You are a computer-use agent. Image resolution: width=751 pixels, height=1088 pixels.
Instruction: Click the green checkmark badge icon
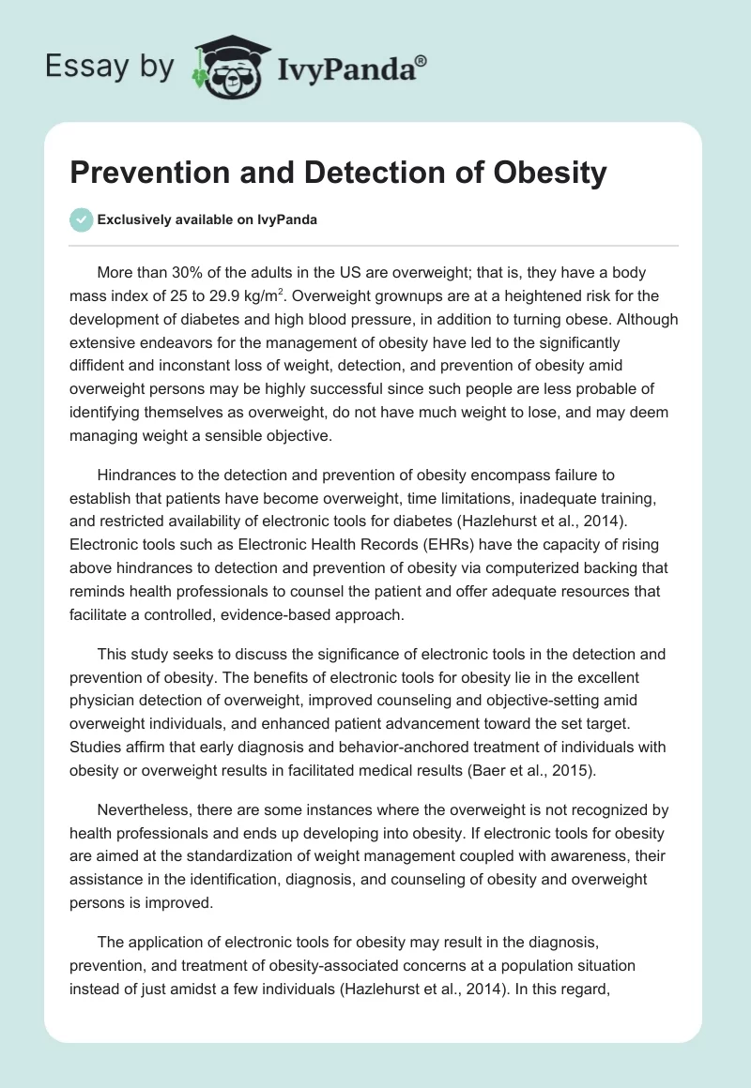point(82,219)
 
